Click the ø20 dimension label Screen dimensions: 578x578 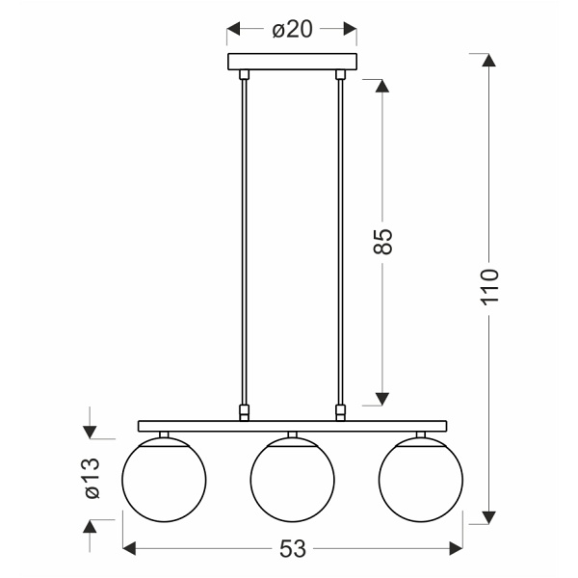pos(292,30)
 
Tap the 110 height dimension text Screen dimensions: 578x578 pos(490,286)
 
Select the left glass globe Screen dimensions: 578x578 pos(164,476)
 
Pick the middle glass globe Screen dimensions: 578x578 pos(292,476)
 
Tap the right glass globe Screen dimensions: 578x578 pos(420,476)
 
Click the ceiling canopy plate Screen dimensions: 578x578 pos(292,63)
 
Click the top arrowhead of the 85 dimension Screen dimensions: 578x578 pos(382,86)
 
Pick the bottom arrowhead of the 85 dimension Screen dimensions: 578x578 pos(382,397)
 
